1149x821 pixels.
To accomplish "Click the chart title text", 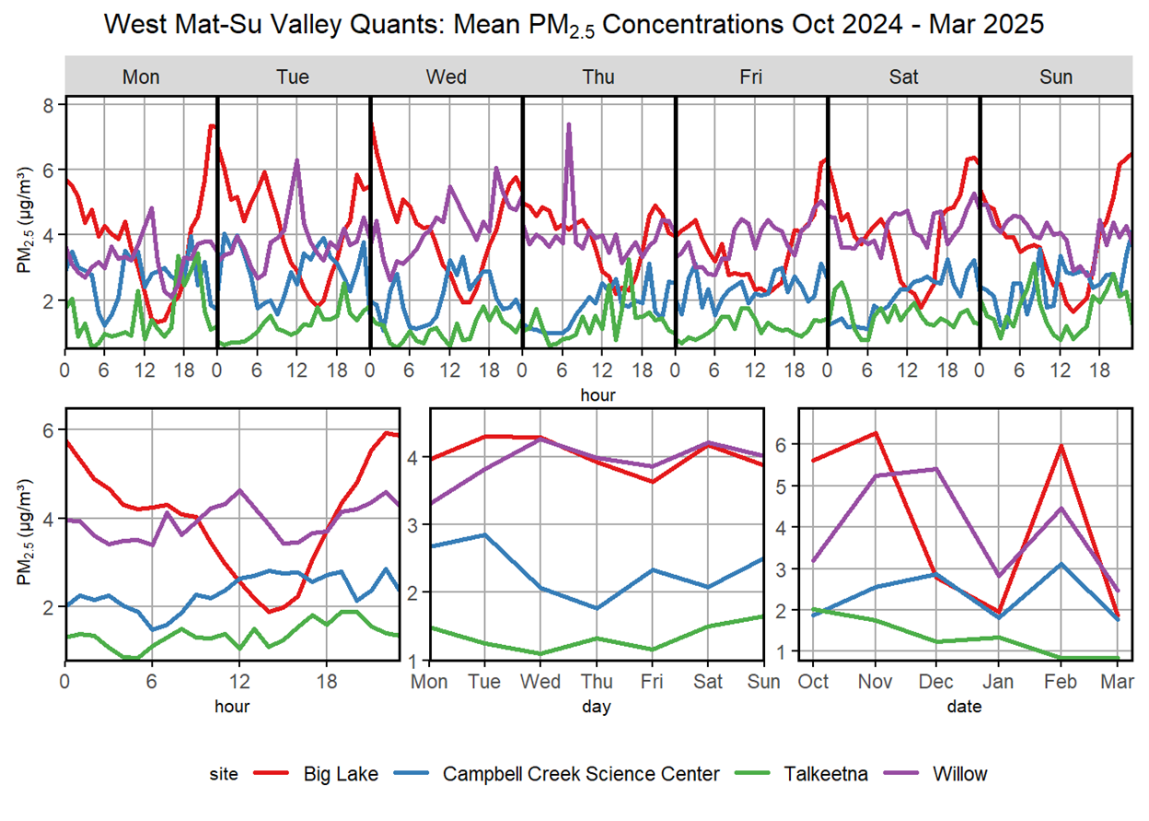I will pyautogui.click(x=574, y=24).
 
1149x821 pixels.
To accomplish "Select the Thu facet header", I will pyautogui.click(x=598, y=76).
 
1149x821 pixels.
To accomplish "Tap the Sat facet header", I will pyautogui.click(x=903, y=76).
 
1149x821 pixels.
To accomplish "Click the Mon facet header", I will pyautogui.click(x=141, y=76).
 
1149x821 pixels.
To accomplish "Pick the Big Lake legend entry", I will pyautogui.click(x=340, y=774).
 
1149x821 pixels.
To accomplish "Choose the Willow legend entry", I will pyautogui.click(x=958, y=774).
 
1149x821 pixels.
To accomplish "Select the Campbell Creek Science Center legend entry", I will pyautogui.click(x=581, y=774).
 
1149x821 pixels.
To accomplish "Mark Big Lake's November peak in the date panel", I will pyautogui.click(x=875, y=432).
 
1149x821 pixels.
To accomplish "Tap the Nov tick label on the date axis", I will pyautogui.click(x=875, y=681).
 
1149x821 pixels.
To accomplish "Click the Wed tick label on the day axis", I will pyautogui.click(x=541, y=681).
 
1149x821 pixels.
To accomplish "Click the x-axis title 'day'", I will pyautogui.click(x=598, y=707).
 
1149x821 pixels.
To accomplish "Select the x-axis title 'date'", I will pyautogui.click(x=965, y=707).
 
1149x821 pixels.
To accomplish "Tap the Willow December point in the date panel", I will pyautogui.click(x=936, y=469).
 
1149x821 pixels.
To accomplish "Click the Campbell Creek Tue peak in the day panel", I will pyautogui.click(x=485, y=534).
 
